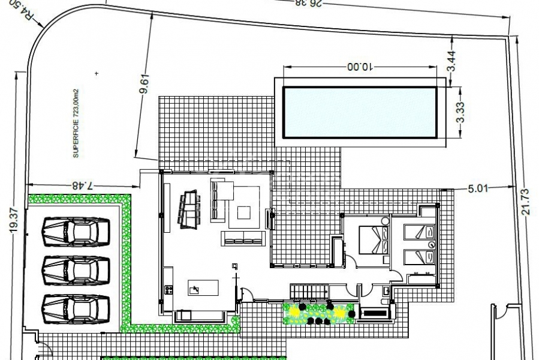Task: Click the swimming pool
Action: [360, 112]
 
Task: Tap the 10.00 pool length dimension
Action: [360, 67]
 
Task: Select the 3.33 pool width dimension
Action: [460, 112]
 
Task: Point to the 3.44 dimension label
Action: [451, 61]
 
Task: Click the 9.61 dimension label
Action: [144, 83]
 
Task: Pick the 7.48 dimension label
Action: [83, 185]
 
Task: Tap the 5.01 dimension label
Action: [478, 188]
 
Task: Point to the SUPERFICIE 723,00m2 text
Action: [76, 123]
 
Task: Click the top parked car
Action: [76, 232]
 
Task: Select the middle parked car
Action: [76, 271]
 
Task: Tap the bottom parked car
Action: [76, 309]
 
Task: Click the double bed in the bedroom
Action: [374, 240]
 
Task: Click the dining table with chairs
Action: [189, 209]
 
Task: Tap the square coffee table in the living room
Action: [243, 212]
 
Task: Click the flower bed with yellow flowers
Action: [318, 314]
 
